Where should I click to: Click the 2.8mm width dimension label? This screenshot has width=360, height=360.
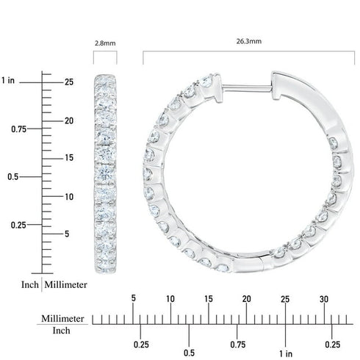pyautogui.click(x=105, y=43)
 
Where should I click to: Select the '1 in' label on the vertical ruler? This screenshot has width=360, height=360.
pyautogui.click(x=9, y=80)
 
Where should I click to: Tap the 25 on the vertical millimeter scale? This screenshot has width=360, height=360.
pyautogui.click(x=68, y=82)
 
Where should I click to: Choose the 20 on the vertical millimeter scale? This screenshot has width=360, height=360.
pyautogui.click(x=68, y=120)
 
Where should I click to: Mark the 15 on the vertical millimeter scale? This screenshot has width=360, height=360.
pyautogui.click(x=68, y=158)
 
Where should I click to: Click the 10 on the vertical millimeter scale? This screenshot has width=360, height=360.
pyautogui.click(x=68, y=197)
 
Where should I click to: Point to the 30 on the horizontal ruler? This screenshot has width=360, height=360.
pyautogui.click(x=324, y=298)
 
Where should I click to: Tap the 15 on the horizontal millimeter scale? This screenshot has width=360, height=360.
pyautogui.click(x=209, y=298)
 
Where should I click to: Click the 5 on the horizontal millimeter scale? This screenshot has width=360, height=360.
pyautogui.click(x=133, y=298)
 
